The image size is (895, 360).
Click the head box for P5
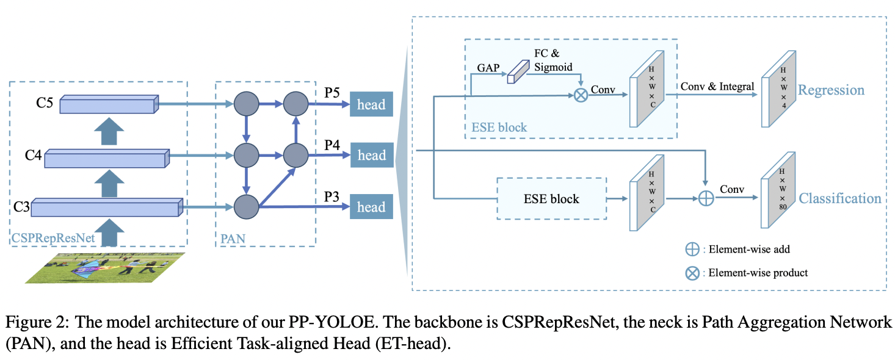371,104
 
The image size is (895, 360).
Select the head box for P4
371,156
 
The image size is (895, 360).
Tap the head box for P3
371,207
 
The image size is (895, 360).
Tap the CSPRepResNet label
53,239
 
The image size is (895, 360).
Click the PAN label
232,239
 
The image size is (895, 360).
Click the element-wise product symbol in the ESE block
581,95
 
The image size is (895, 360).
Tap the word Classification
839,198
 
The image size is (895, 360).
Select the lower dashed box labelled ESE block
552,198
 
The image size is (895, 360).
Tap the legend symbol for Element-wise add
692,249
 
